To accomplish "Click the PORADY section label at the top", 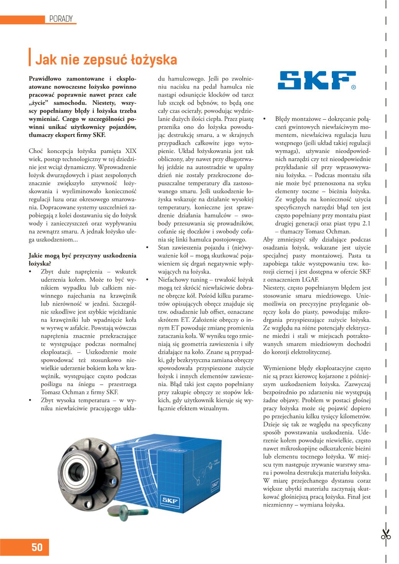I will tap(61, 19).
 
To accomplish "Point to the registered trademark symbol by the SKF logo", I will tap(353, 87).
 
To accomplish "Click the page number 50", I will tap(37, 547).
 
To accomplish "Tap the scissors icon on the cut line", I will tap(386, 534).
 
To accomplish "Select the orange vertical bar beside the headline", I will tap(30, 57).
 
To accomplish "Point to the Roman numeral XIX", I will tap(130, 151).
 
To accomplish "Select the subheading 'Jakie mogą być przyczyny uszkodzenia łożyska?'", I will tap(82, 259).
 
